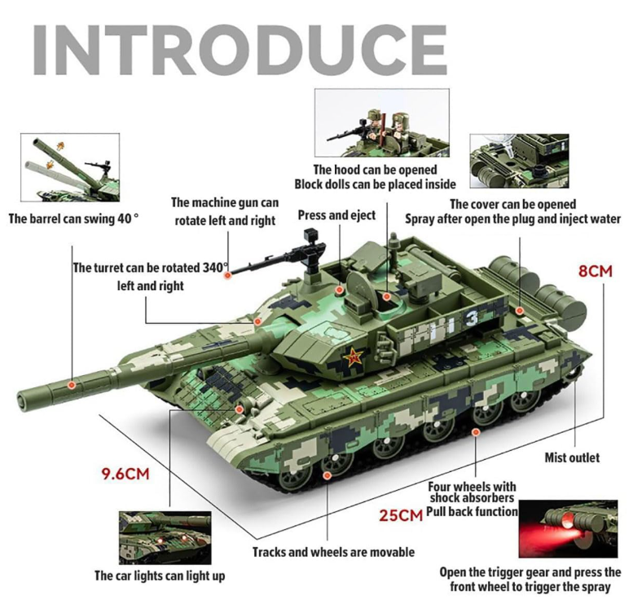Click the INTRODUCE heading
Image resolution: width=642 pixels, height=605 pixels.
point(240,50)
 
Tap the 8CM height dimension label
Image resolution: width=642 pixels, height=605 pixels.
point(595,272)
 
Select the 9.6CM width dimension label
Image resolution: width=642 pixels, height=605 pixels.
point(125,474)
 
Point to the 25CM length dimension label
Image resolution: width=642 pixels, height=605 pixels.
point(400,515)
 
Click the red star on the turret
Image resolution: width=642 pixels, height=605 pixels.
point(353,357)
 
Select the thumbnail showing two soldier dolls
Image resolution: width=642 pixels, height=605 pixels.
point(381,122)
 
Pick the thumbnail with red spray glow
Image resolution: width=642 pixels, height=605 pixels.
point(568,528)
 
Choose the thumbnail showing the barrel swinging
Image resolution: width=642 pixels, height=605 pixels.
point(70,167)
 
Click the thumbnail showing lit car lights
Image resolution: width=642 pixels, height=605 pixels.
point(165,538)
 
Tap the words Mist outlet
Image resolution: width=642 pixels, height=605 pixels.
point(572,457)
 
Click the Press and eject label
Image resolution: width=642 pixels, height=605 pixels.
point(336,215)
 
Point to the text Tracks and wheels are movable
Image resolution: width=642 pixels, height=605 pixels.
point(333,552)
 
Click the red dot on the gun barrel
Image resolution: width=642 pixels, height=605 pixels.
point(72,385)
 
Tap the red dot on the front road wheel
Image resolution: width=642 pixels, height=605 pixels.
point(327,475)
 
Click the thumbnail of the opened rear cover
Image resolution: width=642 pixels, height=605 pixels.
point(519,161)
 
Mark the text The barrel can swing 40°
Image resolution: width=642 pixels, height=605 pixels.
point(73,219)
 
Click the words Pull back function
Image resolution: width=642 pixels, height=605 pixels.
point(472,511)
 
